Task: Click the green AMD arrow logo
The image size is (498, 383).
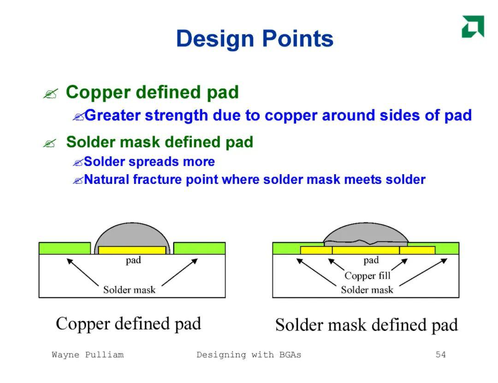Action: click(473, 26)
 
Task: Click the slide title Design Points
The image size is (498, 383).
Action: click(255, 39)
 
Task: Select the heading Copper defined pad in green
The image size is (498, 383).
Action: click(152, 93)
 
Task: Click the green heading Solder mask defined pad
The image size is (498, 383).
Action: click(160, 142)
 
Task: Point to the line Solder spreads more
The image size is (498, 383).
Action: click(149, 162)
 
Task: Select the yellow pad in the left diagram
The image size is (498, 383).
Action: click(132, 250)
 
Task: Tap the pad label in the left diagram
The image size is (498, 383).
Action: click(133, 260)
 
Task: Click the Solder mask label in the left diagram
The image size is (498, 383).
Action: click(129, 289)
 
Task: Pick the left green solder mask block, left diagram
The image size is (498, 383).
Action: click(65, 248)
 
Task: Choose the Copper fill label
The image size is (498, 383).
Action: click(368, 276)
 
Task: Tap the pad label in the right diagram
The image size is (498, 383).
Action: click(371, 260)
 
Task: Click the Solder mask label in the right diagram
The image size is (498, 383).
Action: click(367, 289)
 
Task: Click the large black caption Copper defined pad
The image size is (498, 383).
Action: click(128, 324)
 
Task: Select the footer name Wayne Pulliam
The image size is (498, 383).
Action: click(88, 354)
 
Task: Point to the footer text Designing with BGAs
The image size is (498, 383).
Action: click(249, 355)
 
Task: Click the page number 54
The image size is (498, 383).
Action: click(440, 354)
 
